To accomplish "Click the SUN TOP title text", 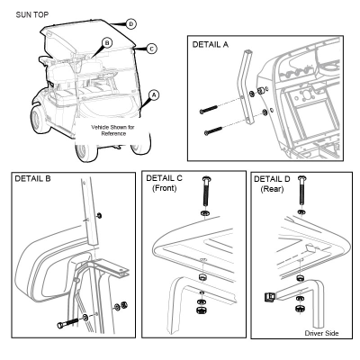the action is [x=32, y=14].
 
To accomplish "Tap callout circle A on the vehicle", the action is [x=154, y=95].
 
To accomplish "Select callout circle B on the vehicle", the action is [x=107, y=43].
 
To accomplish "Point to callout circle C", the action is [x=152, y=49].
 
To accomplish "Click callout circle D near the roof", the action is [x=131, y=24].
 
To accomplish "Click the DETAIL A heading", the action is [x=211, y=45].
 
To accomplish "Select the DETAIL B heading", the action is [x=32, y=179].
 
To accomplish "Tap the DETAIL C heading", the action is [x=164, y=178].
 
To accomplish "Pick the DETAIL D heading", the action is [x=272, y=179].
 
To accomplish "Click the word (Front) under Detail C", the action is [x=165, y=188].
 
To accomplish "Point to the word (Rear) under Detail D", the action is [x=272, y=189].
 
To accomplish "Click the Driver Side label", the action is [x=321, y=333].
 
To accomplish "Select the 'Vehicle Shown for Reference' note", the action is [x=112, y=130].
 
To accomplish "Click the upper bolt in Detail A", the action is [x=208, y=109].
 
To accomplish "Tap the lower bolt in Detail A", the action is [x=213, y=131].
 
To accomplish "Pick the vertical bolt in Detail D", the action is [x=301, y=191].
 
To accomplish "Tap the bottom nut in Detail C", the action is [x=202, y=310].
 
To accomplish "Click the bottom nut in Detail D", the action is [x=300, y=309].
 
